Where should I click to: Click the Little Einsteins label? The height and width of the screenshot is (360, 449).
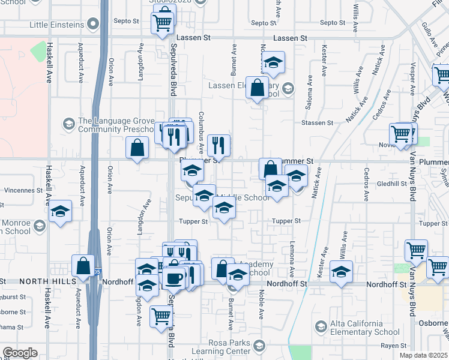coord(56,25)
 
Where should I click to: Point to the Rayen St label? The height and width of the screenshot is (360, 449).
coord(394,346)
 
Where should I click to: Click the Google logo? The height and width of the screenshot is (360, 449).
coord(20,353)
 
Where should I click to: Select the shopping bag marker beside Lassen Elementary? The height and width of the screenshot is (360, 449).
coord(257,88)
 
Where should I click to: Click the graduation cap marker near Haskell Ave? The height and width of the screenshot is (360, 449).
coord(61,211)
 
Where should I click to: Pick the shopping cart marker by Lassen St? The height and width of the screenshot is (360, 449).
coord(162,24)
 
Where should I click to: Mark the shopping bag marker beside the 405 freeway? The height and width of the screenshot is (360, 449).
coord(83,265)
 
